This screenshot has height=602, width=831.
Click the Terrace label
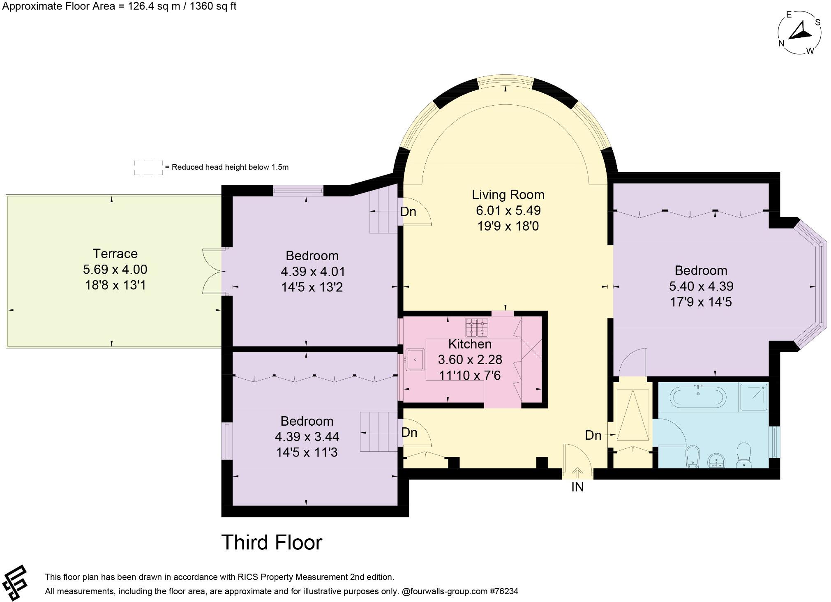pos(115,254)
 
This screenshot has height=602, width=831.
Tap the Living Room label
pos(508,195)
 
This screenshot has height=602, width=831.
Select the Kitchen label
pos(470,344)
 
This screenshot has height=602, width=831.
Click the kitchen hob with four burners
pos(477,328)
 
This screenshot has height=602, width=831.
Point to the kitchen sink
pos(415,360)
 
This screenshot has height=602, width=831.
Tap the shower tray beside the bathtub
pos(753,397)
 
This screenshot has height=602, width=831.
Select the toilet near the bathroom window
pos(743,454)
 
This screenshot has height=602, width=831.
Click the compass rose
pos(799,33)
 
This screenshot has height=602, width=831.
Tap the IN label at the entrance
pos(577,487)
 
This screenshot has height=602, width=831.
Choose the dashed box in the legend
pos(148,168)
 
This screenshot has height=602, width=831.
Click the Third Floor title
pos(272,542)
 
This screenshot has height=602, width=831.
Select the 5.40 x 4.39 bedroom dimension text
pos(701,286)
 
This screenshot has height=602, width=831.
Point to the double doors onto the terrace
pos(213,271)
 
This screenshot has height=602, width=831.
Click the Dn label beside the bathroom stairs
pos(593,436)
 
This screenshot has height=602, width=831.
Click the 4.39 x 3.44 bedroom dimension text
pos(307,437)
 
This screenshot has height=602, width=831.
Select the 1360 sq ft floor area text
pos(212,7)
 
